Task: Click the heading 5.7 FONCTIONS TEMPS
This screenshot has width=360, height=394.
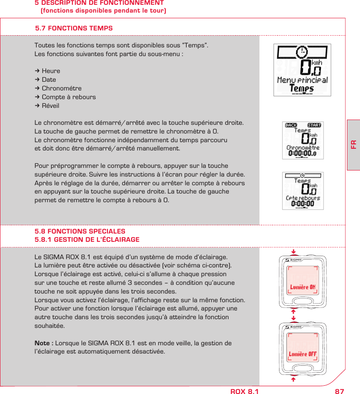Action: [x=74, y=28]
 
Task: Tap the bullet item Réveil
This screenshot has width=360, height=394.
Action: [x=50, y=106]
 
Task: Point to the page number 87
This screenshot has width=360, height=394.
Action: [x=339, y=391]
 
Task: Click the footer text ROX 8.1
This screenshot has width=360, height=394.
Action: [x=244, y=391]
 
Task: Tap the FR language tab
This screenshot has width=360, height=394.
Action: [x=353, y=144]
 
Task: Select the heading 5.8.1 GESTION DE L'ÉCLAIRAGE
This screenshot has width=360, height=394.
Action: [x=87, y=240]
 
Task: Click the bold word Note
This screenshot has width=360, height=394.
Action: [x=43, y=343]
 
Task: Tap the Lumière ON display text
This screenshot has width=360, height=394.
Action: [x=303, y=287]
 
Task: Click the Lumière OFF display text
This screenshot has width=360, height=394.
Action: [x=303, y=354]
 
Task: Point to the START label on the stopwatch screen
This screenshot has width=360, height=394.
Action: [x=314, y=125]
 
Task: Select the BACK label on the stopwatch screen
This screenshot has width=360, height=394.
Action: [x=291, y=125]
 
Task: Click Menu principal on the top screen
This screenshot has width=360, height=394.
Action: [x=302, y=80]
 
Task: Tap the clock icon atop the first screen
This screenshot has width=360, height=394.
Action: [x=302, y=52]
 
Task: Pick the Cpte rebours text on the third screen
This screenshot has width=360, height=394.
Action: [x=303, y=198]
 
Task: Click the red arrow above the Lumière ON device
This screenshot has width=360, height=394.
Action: [x=293, y=251]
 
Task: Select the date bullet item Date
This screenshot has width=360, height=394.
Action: [x=49, y=80]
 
